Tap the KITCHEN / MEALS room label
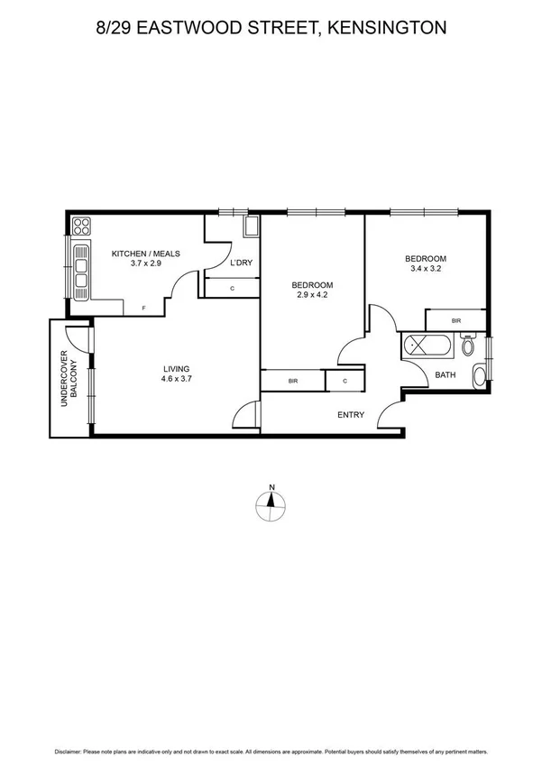pos(146,254)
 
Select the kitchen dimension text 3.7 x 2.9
pos(146,264)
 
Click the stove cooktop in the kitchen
pos(81,226)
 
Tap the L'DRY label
pos(241,263)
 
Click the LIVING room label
pos(177,368)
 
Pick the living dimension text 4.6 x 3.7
pos(177,379)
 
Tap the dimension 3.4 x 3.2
pos(427,268)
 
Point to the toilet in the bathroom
pos(468,346)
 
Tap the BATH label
pos(446,374)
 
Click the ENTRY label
pos(350,415)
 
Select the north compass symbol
pos(271,506)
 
